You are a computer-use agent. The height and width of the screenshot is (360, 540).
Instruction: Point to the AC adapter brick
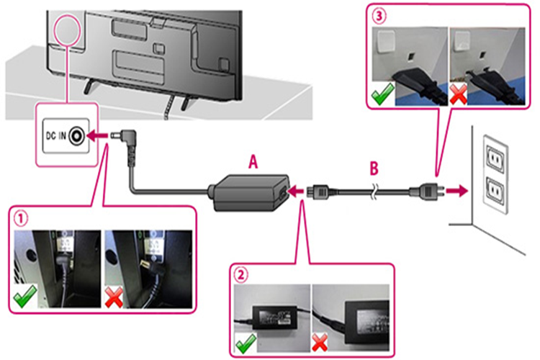click(248, 191)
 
